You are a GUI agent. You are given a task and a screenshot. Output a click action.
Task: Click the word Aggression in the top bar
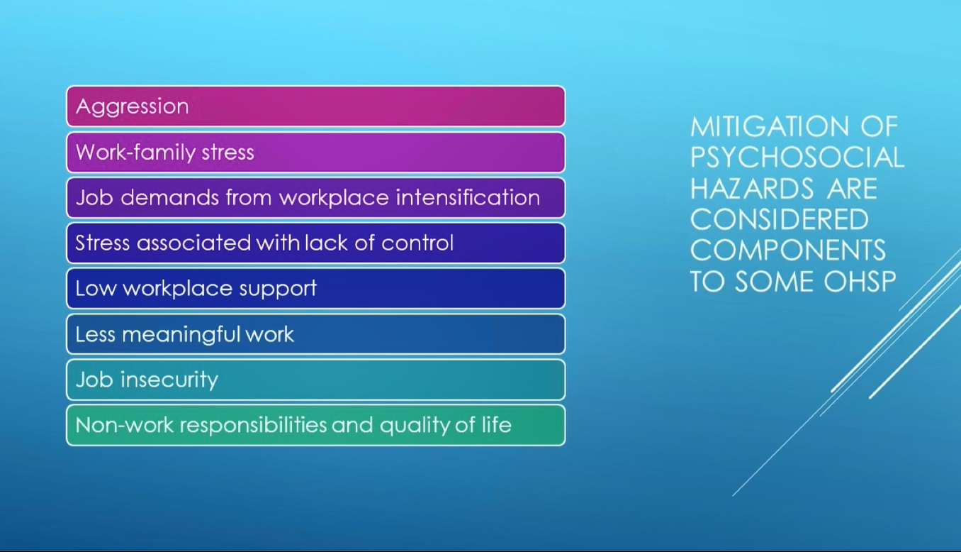[132, 107]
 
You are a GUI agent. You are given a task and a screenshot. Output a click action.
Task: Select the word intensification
[468, 198]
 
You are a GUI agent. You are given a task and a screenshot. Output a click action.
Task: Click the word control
[417, 243]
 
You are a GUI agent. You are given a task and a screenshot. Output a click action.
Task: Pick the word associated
[193, 243]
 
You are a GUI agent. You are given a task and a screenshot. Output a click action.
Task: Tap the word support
[278, 289]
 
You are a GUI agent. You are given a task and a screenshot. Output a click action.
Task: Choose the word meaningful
[180, 335]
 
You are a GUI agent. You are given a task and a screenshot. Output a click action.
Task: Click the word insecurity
[169, 380]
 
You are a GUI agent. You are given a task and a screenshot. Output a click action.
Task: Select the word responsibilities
[253, 426]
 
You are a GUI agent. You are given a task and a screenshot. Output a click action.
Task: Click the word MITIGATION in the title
[770, 127]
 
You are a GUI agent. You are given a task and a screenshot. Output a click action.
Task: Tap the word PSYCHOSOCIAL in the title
[797, 158]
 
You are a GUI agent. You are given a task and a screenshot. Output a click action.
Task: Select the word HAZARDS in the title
[752, 189]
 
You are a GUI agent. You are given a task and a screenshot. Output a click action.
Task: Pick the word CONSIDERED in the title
[780, 219]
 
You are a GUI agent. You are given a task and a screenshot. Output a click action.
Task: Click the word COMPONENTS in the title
[788, 250]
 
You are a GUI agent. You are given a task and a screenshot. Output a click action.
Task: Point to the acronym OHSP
[860, 282]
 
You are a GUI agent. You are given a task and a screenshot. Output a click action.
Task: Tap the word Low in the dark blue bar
[96, 289]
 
